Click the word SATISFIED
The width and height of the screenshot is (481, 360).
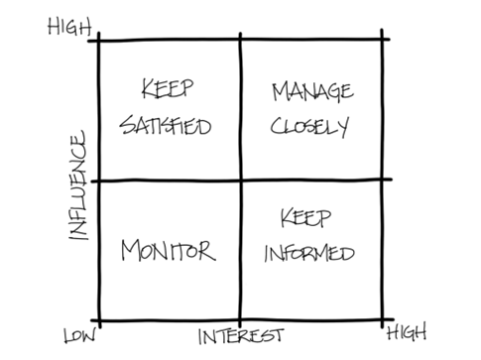168,129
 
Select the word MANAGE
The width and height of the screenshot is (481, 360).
312,93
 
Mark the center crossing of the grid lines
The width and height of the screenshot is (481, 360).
240,180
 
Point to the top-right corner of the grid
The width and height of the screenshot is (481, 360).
384,40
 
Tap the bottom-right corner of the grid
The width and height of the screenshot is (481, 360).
384,319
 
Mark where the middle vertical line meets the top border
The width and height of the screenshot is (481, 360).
241,40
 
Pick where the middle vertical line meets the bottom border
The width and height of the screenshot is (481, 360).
240,319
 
